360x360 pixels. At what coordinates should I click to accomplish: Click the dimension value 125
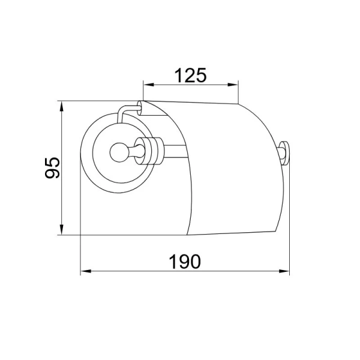click(x=191, y=76)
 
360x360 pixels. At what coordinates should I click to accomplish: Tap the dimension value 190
click(x=185, y=262)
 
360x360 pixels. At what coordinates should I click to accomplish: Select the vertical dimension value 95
click(x=52, y=168)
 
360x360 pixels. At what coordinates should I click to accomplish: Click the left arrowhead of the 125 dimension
click(x=148, y=85)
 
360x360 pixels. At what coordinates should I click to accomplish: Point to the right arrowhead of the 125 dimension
click(x=233, y=85)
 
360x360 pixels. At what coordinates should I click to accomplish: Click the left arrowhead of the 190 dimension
click(x=86, y=271)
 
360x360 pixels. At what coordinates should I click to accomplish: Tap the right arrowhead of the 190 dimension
click(x=284, y=271)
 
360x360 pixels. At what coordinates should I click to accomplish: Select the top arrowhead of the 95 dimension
click(x=62, y=106)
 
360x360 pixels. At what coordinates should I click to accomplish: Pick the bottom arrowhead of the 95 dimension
click(x=62, y=229)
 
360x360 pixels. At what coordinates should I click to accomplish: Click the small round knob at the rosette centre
click(x=119, y=152)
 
